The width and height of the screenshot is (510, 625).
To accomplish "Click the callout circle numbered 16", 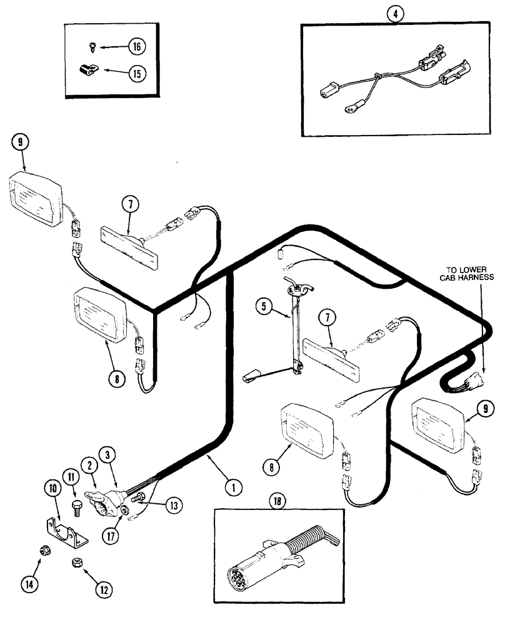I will [x=136, y=46].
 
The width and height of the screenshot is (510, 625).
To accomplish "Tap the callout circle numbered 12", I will [x=103, y=587].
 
